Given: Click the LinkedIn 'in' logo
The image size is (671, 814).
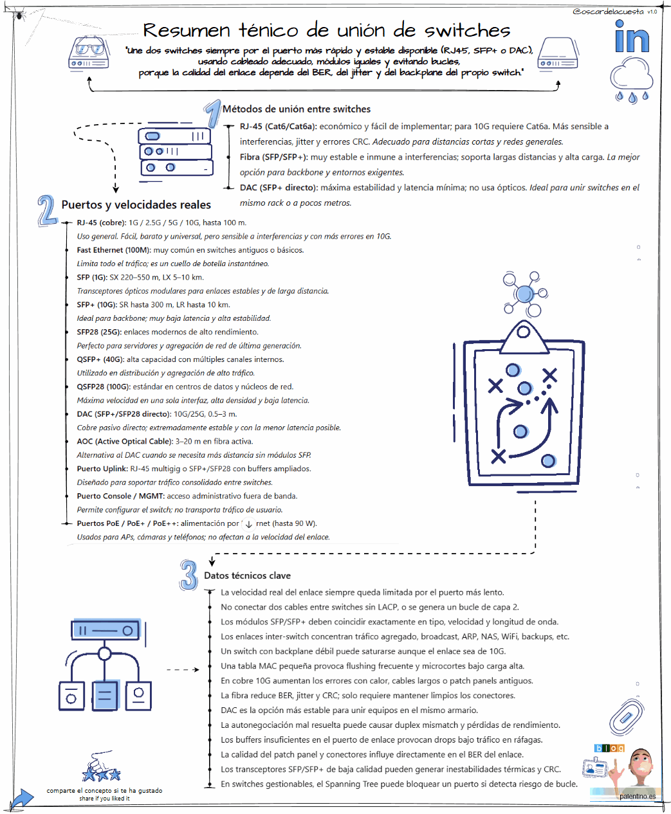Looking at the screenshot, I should point(632,37).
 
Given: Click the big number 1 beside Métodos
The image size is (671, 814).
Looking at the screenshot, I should point(213,114).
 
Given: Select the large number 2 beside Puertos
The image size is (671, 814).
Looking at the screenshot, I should point(46,210).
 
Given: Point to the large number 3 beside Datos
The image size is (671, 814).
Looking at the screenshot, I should point(188,574).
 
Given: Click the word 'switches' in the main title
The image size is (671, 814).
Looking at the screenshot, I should point(467,31).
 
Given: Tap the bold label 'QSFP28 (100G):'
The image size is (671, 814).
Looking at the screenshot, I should point(104,387).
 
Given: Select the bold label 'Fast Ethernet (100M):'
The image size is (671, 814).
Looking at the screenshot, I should point(113,250).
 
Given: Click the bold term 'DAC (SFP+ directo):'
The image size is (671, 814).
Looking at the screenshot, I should point(279,188).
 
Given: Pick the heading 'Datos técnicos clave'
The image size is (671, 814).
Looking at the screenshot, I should point(247,575).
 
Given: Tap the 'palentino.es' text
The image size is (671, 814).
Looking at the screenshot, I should point(638,796).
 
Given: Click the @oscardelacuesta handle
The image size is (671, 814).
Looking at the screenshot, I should point(607,12).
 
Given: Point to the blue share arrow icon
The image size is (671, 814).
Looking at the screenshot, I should point(21,799).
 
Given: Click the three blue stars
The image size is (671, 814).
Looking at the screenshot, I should point(102,773).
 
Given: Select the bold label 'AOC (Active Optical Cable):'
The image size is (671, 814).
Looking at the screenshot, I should point(125,442).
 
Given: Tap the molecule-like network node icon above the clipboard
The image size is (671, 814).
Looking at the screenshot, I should point(526,293).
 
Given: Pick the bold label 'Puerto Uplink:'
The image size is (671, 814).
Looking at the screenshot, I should point(102,469).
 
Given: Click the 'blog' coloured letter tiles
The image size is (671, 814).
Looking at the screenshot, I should point(609,748).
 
